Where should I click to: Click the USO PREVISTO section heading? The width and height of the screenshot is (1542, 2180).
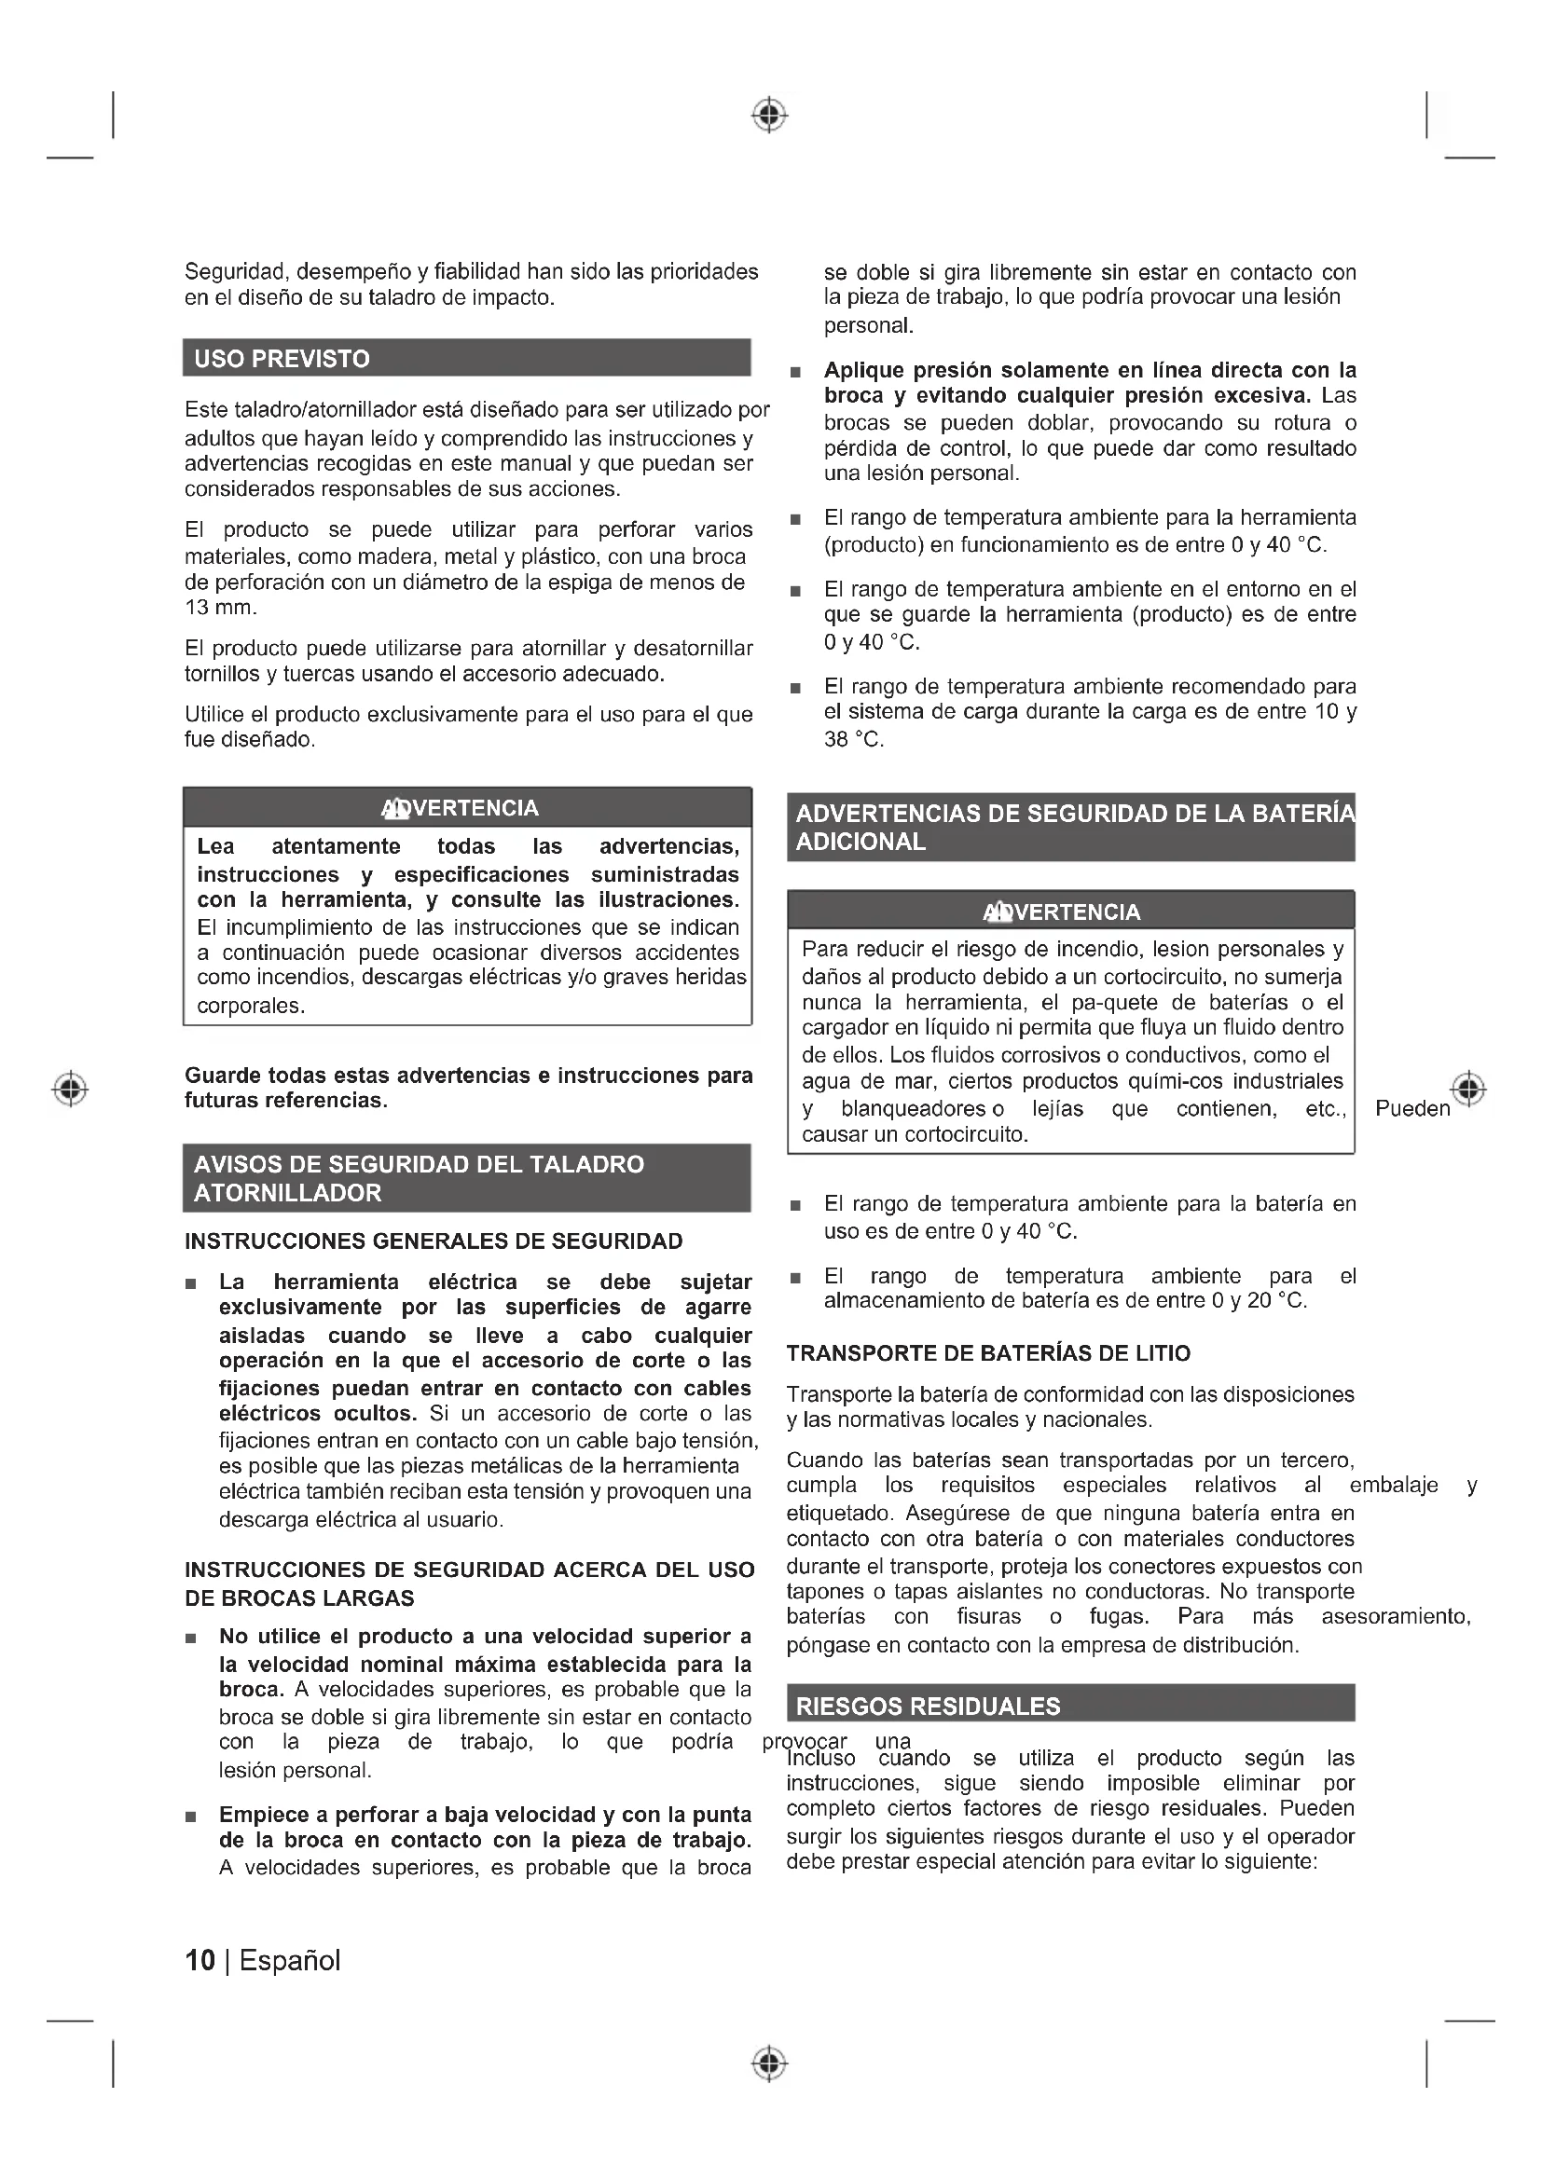282,359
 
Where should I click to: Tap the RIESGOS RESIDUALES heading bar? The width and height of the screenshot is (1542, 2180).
928,1707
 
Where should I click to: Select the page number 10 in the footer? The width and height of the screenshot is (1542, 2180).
200,1961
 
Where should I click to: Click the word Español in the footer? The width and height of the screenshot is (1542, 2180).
290,1961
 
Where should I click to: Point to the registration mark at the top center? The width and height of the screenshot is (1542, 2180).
769,115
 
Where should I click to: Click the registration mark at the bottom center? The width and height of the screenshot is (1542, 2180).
769,2063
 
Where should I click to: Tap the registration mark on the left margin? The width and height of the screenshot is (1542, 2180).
70,1088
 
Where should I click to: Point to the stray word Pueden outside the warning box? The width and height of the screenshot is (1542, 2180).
1412,1109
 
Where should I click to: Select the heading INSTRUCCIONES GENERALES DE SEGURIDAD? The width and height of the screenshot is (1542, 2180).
433,1241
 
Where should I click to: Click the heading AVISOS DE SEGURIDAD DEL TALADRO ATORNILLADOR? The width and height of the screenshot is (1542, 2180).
418,1178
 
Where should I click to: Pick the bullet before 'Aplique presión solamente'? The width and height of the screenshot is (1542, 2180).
795,371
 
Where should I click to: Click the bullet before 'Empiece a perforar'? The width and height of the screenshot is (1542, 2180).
192,1817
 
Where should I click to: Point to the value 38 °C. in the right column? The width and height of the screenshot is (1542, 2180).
854,740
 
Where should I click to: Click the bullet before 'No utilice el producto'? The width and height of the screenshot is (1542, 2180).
192,1638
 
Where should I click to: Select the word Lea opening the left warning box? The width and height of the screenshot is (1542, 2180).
215,846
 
